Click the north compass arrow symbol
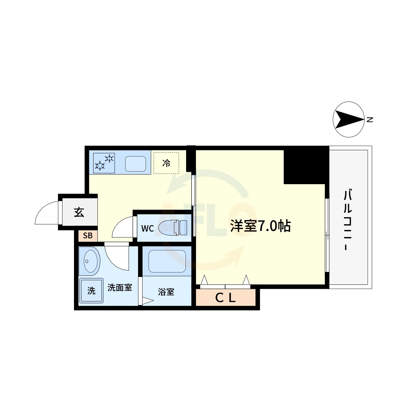pos(348,119)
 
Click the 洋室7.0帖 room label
pos(260,226)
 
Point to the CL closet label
pos(225,298)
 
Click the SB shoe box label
pos(88,236)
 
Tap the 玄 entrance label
pos(79,212)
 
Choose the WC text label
pos(148,228)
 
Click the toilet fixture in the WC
pos(173,228)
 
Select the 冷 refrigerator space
pos(166,163)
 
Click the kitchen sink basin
pos(135,164)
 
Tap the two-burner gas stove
pos(104,163)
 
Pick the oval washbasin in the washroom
pos(92,261)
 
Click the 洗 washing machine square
pos(91,291)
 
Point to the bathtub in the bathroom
pos(167,261)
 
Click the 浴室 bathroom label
pos(166,292)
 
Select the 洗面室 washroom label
pos(120,288)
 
